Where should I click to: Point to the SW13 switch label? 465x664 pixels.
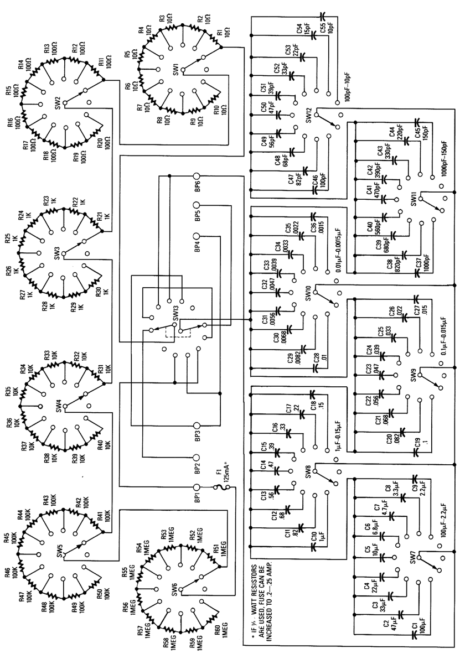(x=175, y=314)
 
